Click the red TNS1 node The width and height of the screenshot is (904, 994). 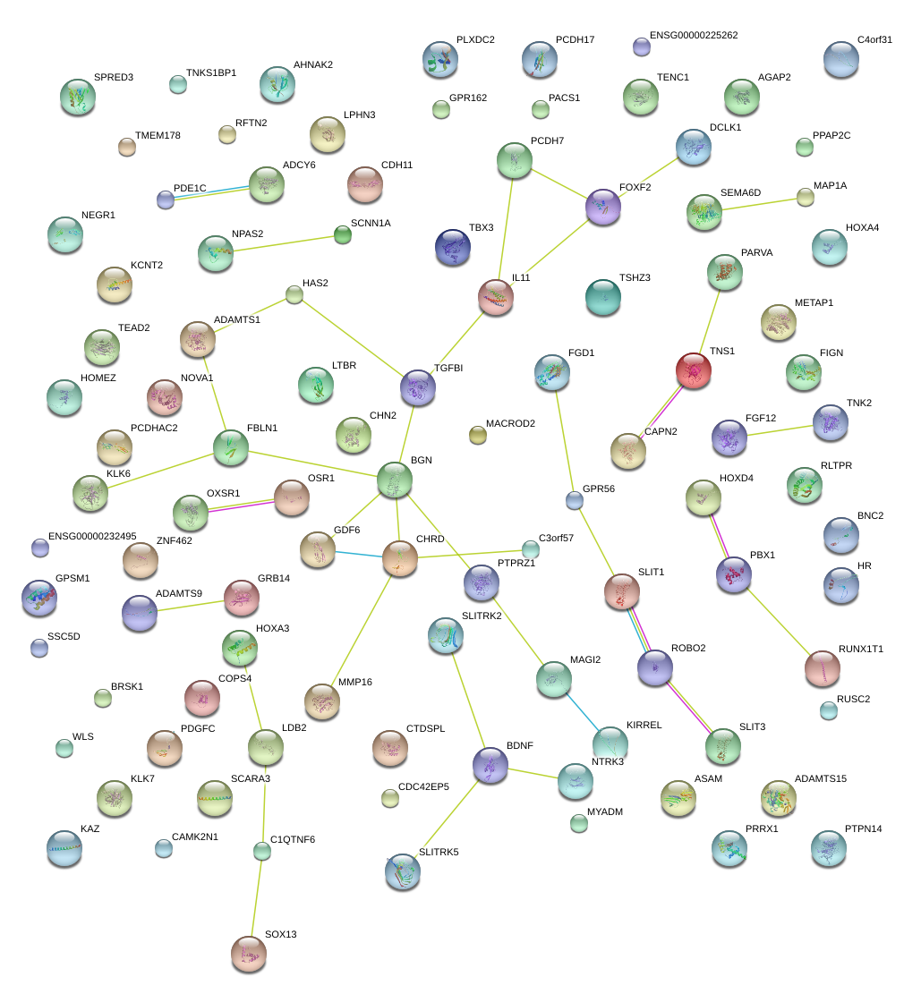point(694,370)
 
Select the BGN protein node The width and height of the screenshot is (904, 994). point(395,480)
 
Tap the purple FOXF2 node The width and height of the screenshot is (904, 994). point(602,207)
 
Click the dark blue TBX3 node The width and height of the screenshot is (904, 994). point(452,247)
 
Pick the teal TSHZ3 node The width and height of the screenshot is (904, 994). point(602,298)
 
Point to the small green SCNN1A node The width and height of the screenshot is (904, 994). point(343,235)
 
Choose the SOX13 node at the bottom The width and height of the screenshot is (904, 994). point(249,954)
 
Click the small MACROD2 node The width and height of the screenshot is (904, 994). point(477,436)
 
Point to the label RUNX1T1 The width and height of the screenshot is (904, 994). point(860,649)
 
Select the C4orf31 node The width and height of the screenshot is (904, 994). point(840,59)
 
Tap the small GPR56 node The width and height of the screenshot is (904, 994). point(575,501)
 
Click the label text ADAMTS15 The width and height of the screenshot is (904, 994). point(820,778)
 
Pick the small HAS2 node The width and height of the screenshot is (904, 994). point(294,294)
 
